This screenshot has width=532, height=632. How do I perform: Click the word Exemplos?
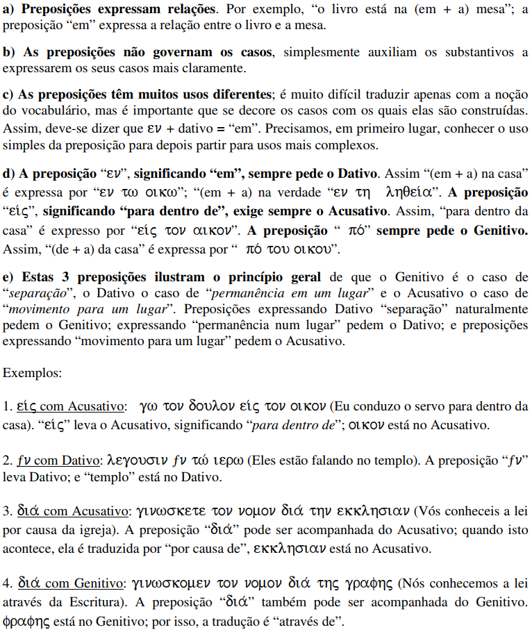[x=32, y=372]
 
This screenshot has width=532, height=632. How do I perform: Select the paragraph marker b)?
[x=9, y=53]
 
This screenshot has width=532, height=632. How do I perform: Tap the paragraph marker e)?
[x=9, y=278]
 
